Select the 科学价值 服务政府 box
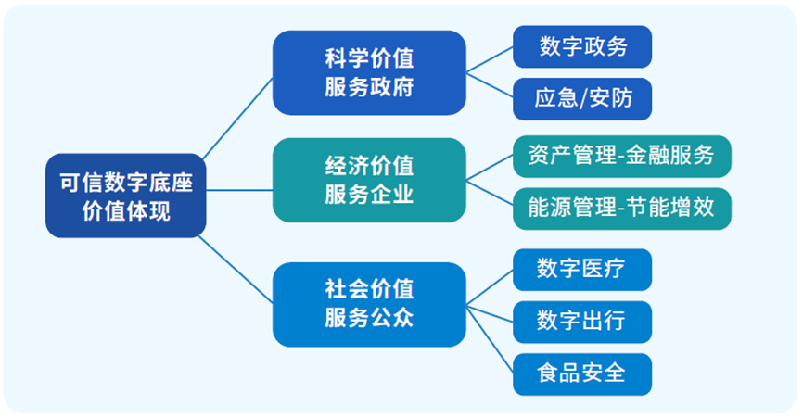pyautogui.click(x=369, y=73)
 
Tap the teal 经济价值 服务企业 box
pyautogui.click(x=369, y=181)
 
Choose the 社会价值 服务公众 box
pyautogui.click(x=369, y=304)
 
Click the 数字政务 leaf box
pyautogui.click(x=582, y=46)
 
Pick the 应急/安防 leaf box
pyautogui.click(x=582, y=98)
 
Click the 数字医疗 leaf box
pyautogui.click(x=582, y=270)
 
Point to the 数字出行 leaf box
pyautogui.click(x=582, y=322)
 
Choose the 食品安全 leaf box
pyautogui.click(x=582, y=374)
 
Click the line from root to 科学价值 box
pyautogui.click(x=237, y=117)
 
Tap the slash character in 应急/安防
pyautogui.click(x=583, y=99)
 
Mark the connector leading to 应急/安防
pyautogui.click(x=490, y=85)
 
